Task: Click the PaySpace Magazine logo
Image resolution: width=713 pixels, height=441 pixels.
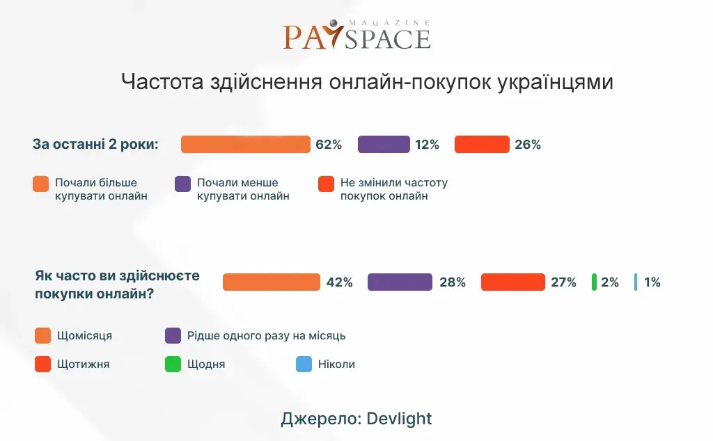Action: (356, 35)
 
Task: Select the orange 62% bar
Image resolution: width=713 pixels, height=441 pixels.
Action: (245, 145)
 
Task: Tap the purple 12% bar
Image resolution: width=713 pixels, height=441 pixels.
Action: (384, 145)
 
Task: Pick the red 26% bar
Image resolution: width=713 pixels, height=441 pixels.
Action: (482, 145)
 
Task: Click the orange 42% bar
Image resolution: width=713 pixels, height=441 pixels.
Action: (271, 282)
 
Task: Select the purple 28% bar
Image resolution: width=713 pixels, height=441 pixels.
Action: (400, 282)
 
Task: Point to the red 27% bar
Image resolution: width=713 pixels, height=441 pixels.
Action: (512, 282)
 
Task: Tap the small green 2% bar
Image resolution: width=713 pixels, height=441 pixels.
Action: (594, 282)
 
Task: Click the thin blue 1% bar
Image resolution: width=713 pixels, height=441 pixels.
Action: (636, 282)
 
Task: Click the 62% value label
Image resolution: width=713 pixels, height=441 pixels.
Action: (329, 145)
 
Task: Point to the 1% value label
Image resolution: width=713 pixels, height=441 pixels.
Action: (652, 282)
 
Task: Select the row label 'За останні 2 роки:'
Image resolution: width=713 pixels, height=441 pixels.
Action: (96, 145)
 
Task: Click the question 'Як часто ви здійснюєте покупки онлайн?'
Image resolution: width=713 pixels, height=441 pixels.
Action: (117, 284)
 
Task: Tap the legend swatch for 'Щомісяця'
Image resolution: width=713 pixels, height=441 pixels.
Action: (42, 336)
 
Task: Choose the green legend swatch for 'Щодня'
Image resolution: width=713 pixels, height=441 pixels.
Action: (173, 364)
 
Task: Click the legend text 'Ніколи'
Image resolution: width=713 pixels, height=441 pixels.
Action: (337, 364)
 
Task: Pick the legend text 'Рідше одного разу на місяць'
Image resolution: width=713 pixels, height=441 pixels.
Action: (267, 336)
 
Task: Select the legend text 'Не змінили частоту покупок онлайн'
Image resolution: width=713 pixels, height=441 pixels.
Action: (393, 189)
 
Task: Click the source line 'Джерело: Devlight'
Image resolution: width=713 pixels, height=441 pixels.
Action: (356, 418)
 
